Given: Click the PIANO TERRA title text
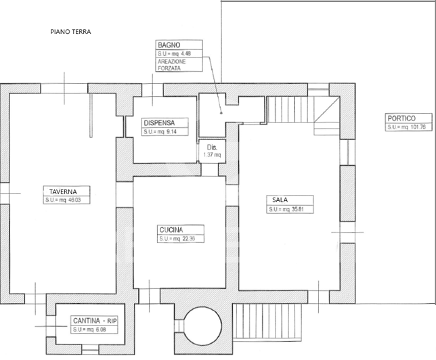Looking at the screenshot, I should (70, 32).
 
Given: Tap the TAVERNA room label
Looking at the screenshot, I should (59, 191).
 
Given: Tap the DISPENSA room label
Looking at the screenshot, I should (160, 122).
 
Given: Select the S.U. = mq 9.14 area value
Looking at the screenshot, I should (160, 132).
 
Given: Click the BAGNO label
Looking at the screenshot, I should (169, 44).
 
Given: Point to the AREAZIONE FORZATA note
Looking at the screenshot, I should (173, 64).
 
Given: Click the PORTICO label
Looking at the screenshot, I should (400, 117).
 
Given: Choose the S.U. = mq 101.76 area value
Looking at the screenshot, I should (406, 127).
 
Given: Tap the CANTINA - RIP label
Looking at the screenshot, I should (95, 320).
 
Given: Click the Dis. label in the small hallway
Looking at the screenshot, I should (212, 147).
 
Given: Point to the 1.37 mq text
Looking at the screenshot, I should (212, 155).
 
